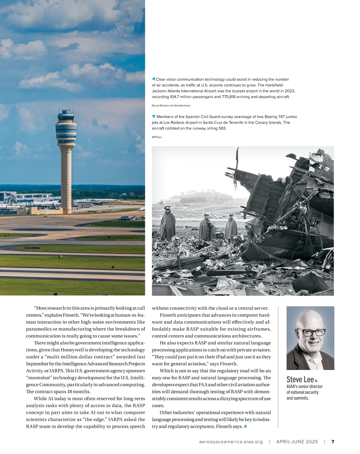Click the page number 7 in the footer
point(333,442)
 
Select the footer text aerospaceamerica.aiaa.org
point(231,442)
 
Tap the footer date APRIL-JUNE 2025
point(297,442)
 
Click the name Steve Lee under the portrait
point(300,380)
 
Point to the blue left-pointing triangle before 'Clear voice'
point(153,79)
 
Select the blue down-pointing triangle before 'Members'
point(154,116)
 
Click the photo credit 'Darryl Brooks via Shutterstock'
point(171,106)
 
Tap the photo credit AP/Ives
point(157,137)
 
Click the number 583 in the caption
point(222,128)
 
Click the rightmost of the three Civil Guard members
point(231,228)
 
